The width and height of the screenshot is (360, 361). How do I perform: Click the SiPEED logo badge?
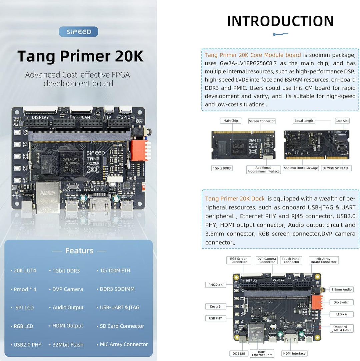point(78,32)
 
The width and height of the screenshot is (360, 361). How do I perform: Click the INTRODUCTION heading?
point(280,21)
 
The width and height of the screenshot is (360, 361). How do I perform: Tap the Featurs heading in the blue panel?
point(79,250)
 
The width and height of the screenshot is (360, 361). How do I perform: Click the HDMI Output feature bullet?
point(66,326)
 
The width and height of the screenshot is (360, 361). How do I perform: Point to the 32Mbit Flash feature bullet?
point(66,345)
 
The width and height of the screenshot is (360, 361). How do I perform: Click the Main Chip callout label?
point(231,121)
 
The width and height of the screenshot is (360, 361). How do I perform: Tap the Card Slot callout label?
point(342,121)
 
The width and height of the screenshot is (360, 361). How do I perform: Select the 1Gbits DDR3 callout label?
point(222,168)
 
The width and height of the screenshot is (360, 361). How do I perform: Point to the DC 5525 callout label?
point(238,353)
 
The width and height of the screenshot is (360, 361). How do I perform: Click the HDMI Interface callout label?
point(294,353)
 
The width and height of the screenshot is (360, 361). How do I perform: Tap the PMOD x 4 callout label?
point(216,285)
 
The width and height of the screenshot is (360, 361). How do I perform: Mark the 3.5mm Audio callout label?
point(342,289)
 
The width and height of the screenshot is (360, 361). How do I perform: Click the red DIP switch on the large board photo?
point(139,150)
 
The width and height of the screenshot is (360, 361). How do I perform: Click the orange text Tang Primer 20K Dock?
point(235,199)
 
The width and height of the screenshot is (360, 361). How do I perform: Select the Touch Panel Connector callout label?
point(291,260)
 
